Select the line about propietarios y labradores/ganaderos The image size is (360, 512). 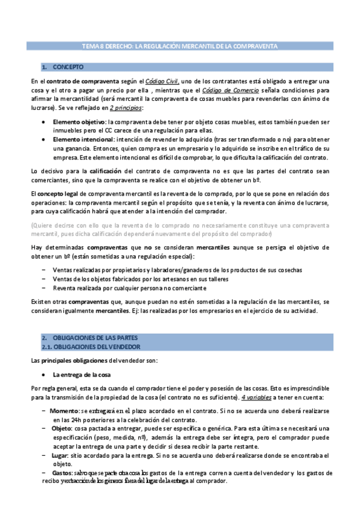(177, 269)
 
